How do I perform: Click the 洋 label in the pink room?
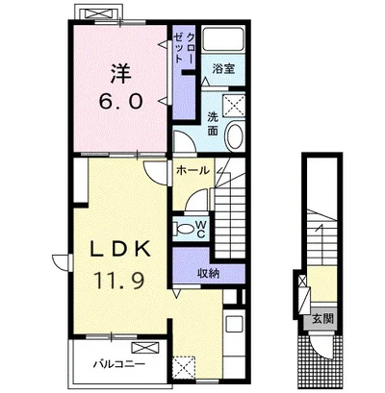(121, 74)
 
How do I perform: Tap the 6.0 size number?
(120, 102)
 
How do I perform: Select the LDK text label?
(119, 249)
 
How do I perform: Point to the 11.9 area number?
(118, 279)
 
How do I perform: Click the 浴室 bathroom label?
(223, 69)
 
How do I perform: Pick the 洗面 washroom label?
(212, 124)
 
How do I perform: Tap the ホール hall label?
(192, 170)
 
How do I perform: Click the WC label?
(200, 229)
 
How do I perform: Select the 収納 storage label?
(208, 273)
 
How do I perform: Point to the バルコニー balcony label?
(119, 364)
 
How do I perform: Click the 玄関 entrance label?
(322, 319)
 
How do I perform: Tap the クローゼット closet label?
(184, 48)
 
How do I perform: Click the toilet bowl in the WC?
(182, 229)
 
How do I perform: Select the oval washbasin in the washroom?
(235, 135)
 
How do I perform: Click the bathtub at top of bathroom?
(223, 39)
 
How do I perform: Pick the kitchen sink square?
(235, 325)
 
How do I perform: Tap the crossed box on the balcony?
(144, 347)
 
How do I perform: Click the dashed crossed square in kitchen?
(184, 367)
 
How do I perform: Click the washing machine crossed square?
(234, 105)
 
